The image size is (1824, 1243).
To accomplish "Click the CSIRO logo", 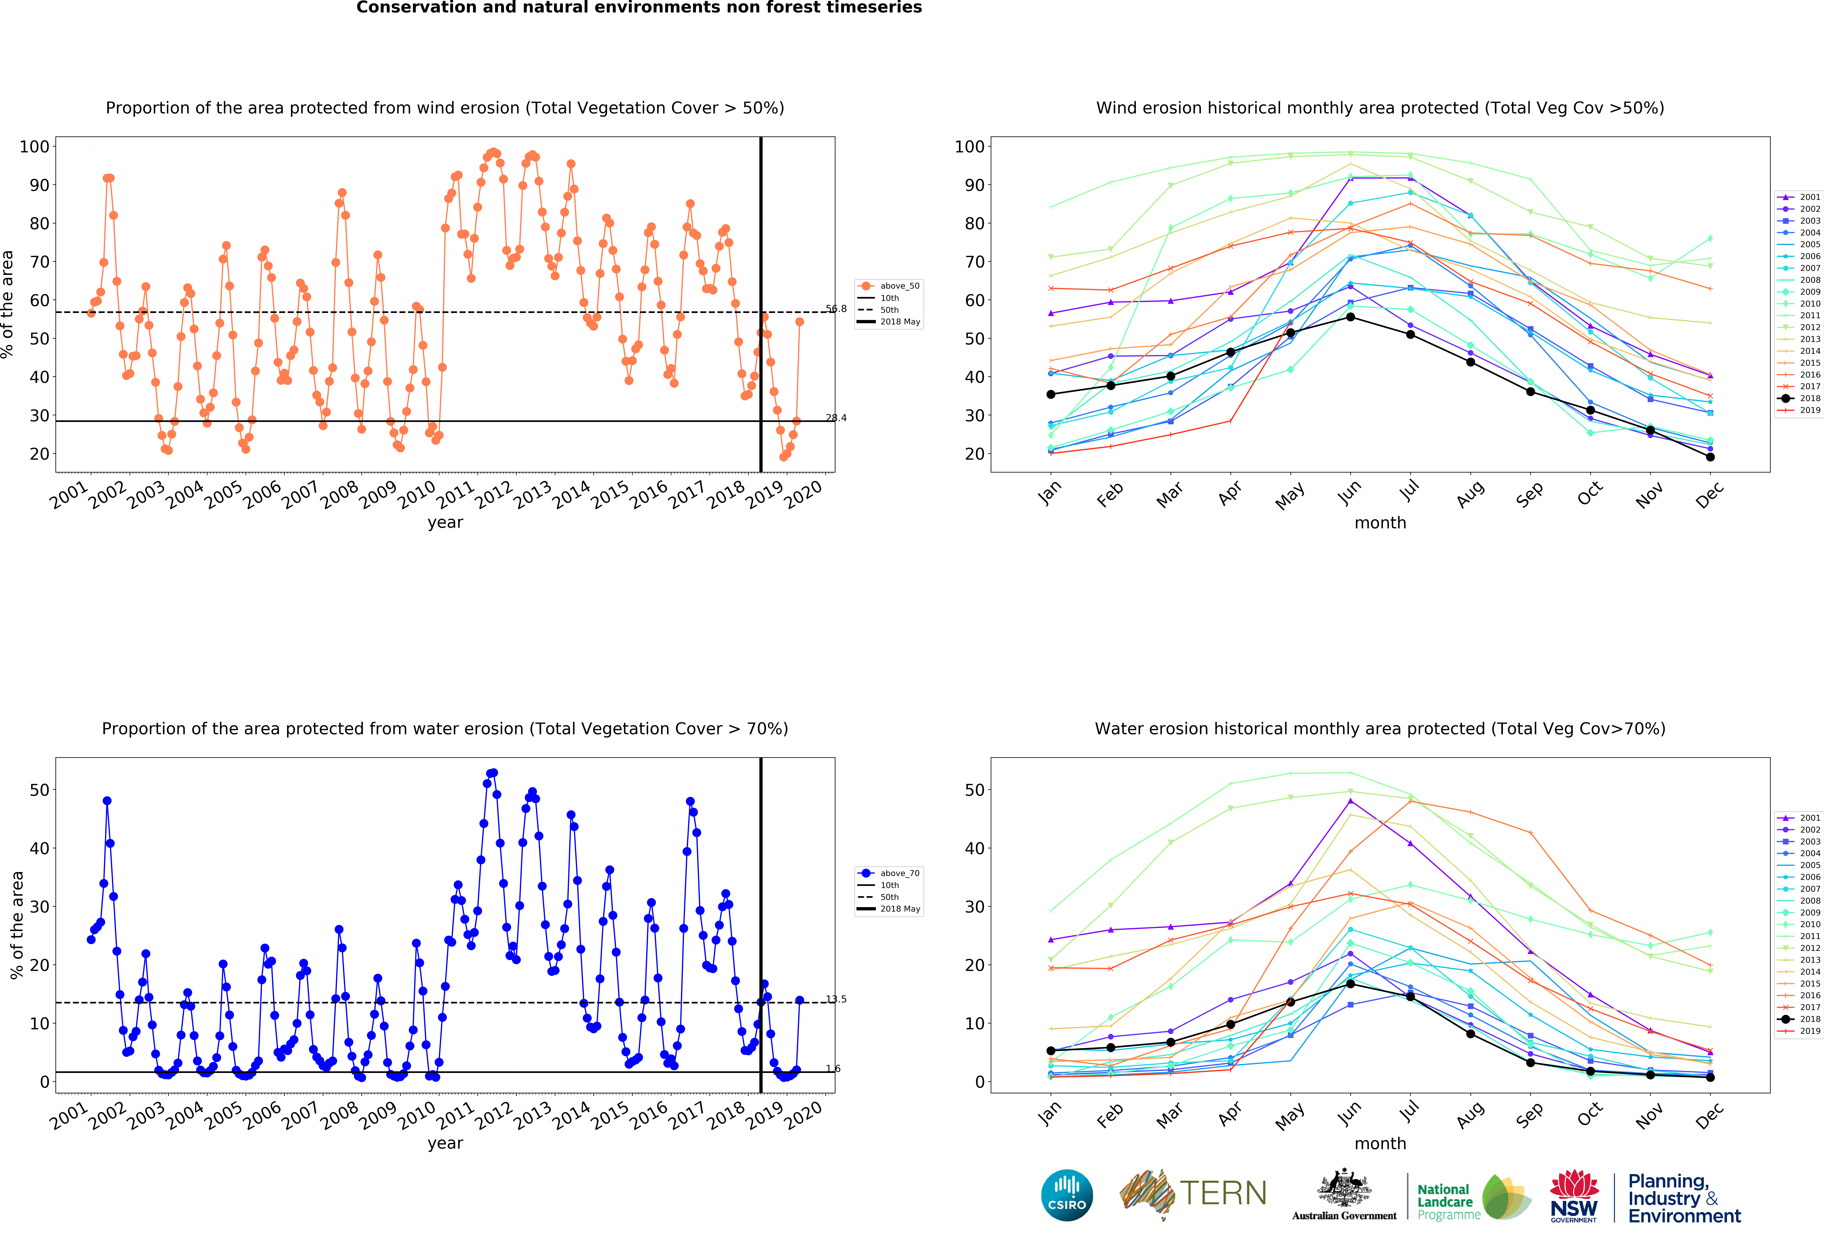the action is [x=1067, y=1195].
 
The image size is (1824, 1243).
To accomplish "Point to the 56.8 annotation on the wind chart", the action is [x=836, y=308].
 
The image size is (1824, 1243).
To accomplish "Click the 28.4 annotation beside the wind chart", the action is [x=836, y=417].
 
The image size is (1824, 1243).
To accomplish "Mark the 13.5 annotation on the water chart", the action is [x=836, y=999].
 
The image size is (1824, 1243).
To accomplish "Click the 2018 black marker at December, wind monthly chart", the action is [x=1710, y=457].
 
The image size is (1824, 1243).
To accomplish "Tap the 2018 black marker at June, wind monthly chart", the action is [x=1350, y=317].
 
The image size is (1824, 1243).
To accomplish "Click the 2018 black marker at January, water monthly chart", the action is [x=1051, y=1051].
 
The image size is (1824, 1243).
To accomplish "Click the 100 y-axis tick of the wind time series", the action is [x=34, y=147].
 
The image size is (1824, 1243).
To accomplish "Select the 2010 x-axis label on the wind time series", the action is [x=416, y=494].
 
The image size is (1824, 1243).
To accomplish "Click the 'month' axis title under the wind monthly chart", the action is [x=1380, y=523].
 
